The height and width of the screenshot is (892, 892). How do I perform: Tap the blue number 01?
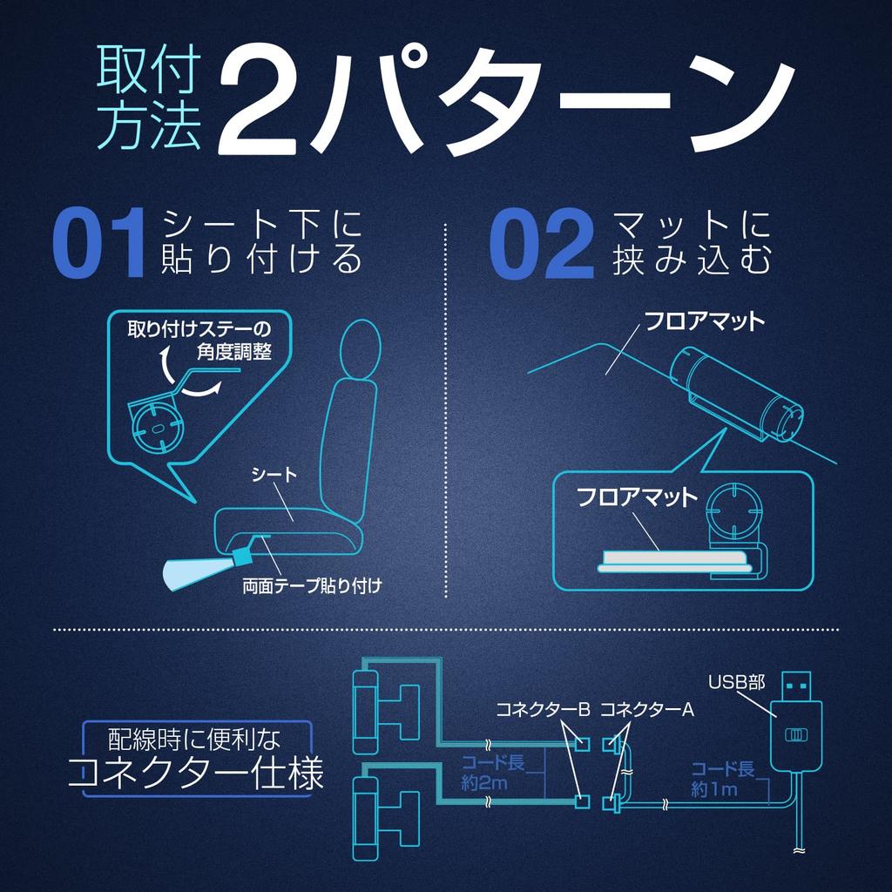[x=98, y=243]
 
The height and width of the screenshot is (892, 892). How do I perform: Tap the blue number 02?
[x=542, y=244]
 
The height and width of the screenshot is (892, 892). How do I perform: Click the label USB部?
[x=736, y=681]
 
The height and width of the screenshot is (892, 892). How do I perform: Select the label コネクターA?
[x=647, y=709]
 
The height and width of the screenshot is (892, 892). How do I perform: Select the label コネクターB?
[x=543, y=709]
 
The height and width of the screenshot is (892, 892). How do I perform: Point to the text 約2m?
[x=483, y=783]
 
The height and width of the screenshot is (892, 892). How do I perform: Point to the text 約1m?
[x=714, y=789]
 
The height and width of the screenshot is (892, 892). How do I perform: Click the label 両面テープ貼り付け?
[x=312, y=585]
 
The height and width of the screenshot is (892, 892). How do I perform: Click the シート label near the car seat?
[x=274, y=474]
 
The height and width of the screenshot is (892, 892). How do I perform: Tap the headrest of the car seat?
[x=360, y=348]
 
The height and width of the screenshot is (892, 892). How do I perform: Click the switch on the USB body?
[x=796, y=735]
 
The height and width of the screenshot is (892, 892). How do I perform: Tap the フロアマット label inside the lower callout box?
[x=637, y=497]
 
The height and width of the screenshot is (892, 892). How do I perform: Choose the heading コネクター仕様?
[x=196, y=773]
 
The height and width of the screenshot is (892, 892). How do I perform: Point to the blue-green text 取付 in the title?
[x=149, y=69]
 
